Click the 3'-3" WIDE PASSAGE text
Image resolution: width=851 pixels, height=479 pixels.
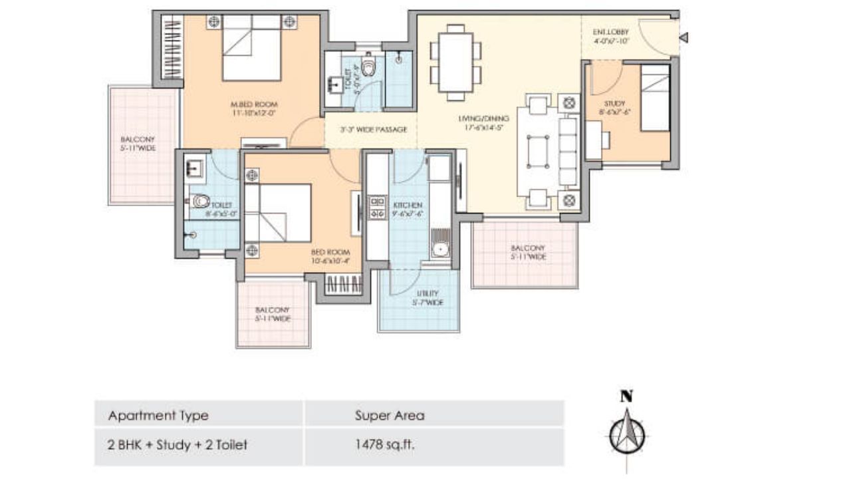coord(373,130)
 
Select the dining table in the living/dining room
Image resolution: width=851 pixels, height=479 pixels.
coord(455,62)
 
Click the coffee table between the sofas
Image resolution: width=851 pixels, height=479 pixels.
coord(538,152)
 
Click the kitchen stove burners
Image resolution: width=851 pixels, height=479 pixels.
coord(377,207)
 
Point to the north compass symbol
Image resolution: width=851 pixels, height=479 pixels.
coord(626,430)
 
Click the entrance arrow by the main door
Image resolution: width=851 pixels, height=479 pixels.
coord(683,39)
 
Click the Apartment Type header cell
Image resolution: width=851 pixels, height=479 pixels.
coord(158,416)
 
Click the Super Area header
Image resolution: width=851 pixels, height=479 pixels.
coord(390,416)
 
